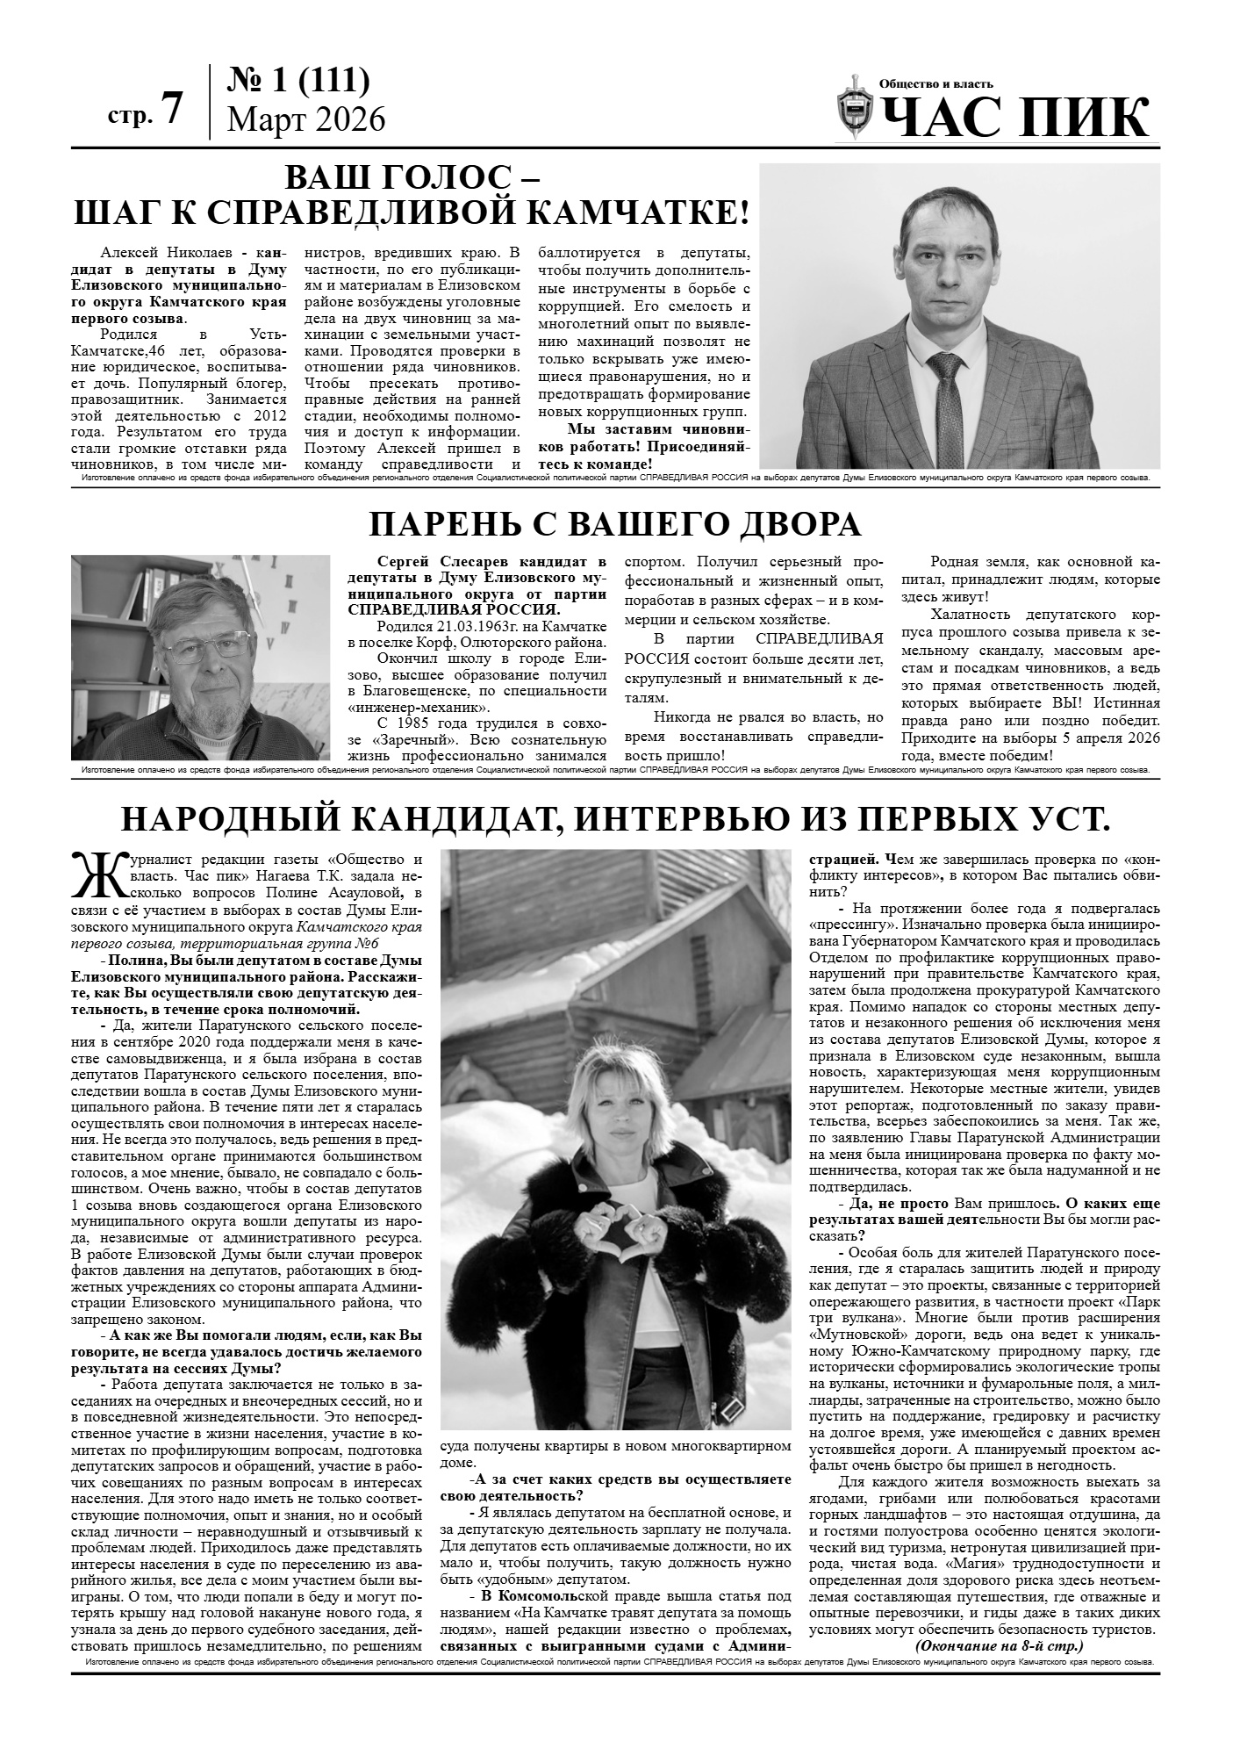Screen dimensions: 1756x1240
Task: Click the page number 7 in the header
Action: coord(172,109)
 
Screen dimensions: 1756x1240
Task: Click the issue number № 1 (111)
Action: coord(297,81)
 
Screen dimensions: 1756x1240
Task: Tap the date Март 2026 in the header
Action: coord(305,119)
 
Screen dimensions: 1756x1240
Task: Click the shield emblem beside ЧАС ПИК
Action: coord(854,108)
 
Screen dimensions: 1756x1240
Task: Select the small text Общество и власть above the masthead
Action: coord(936,84)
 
